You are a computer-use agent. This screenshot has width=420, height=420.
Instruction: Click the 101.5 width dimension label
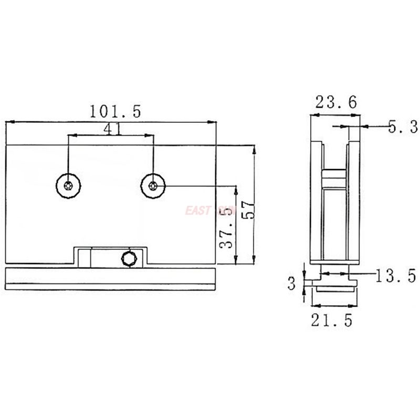tap(114, 111)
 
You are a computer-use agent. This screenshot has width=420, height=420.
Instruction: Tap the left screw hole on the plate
tap(68, 185)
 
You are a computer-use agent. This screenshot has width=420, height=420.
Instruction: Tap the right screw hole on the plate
tap(153, 185)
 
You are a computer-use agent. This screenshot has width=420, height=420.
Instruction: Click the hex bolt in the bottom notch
tap(129, 258)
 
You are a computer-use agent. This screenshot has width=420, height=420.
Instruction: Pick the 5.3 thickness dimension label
tap(402, 127)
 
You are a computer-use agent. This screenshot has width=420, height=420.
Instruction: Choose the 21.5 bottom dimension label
tap(332, 320)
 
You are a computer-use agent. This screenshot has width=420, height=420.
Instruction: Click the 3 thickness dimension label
tap(292, 283)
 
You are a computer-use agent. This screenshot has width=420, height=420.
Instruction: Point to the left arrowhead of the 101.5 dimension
tap(8, 122)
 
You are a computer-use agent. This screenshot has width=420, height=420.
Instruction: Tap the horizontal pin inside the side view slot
tap(335, 179)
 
